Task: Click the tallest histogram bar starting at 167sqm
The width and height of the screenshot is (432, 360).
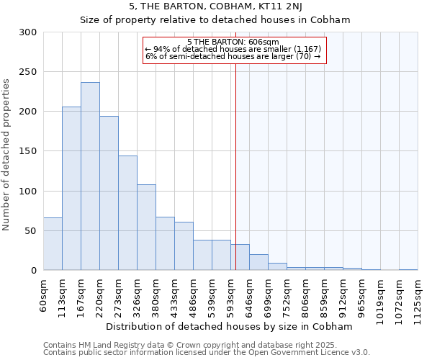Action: pyautogui.click(x=90, y=176)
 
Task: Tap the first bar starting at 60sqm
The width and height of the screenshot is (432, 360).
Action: pyautogui.click(x=53, y=244)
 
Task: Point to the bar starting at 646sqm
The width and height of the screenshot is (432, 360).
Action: pyautogui.click(x=258, y=262)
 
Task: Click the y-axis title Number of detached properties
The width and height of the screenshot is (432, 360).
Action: pyautogui.click(x=7, y=155)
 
